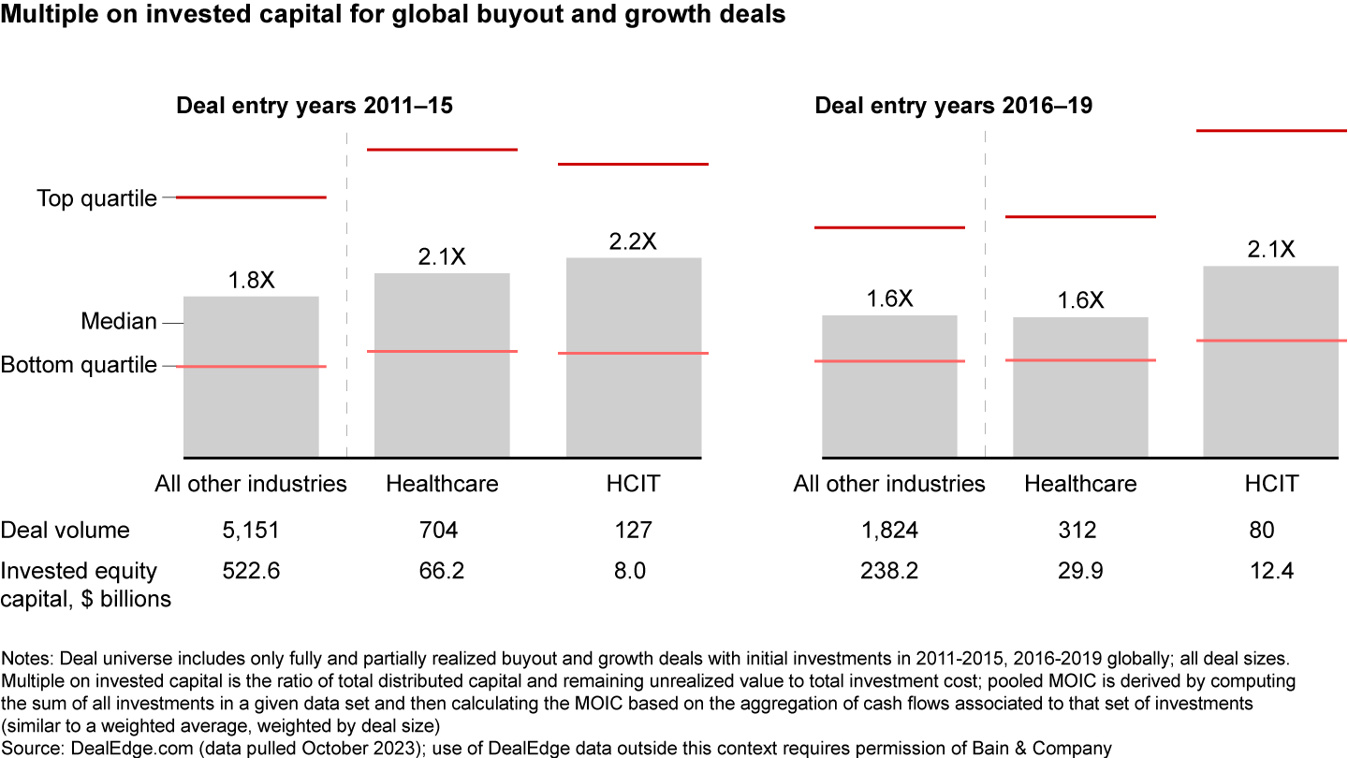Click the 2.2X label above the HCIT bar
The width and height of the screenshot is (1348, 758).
coord(633,241)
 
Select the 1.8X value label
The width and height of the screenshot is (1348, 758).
coord(251,280)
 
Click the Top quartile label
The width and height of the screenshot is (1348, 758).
coord(96,198)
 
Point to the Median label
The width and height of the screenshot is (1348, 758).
coord(119,322)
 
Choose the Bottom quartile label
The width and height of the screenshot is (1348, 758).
coord(79,365)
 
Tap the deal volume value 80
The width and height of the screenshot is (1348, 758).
coord(1261,531)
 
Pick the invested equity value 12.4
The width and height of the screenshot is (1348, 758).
coord(1270,571)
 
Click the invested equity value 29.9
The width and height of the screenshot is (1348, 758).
coord(1077,571)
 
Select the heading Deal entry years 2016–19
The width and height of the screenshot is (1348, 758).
coord(953,106)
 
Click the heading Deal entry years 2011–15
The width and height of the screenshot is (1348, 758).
coord(315,106)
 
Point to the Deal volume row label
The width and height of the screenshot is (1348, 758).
coord(65,531)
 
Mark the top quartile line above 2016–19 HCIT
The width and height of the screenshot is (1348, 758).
coord(1271,130)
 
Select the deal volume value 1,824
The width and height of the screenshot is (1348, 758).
coord(889,531)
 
